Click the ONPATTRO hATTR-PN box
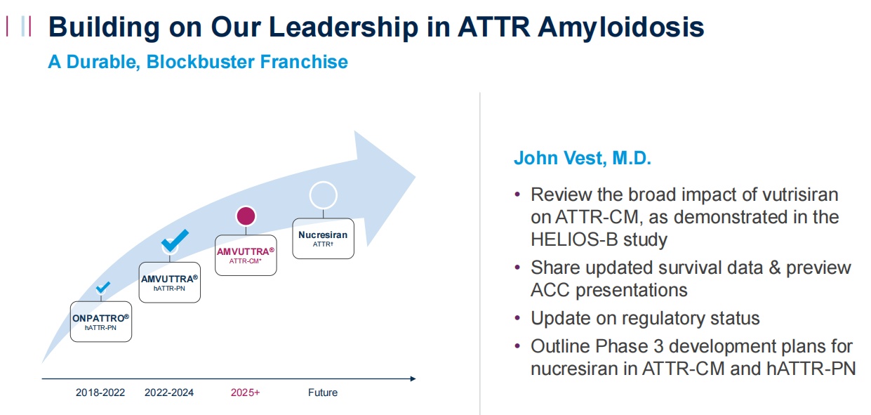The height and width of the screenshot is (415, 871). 101,322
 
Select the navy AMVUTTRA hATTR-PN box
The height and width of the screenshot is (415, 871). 170,282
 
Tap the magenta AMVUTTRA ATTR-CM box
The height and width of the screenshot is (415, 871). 246,255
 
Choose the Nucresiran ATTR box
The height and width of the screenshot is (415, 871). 323,239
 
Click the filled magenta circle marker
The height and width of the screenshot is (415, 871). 246,216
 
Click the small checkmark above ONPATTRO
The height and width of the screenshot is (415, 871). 102,288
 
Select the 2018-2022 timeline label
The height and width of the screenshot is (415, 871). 100,393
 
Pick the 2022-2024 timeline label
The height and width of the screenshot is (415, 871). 169,393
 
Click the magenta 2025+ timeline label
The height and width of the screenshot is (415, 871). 246,393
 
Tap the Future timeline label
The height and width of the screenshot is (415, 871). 323,393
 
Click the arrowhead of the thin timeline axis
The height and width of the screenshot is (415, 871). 415,378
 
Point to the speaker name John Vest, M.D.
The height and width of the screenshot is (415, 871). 583,158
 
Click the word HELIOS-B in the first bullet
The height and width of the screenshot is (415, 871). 574,239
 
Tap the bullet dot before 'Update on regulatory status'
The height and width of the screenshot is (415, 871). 517,318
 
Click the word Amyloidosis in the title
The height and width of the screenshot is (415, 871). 621,27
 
